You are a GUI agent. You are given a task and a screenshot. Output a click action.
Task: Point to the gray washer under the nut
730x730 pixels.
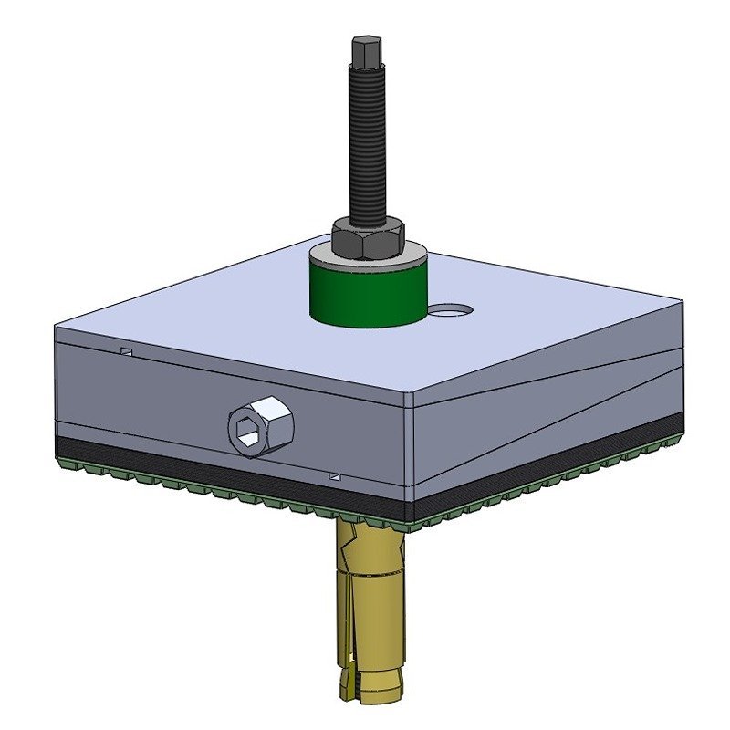401,258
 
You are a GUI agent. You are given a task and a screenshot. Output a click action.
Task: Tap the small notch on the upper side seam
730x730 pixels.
127,351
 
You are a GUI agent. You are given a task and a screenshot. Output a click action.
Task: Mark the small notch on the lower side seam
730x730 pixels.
335,475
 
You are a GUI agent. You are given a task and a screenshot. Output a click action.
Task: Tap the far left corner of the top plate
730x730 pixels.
57,326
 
